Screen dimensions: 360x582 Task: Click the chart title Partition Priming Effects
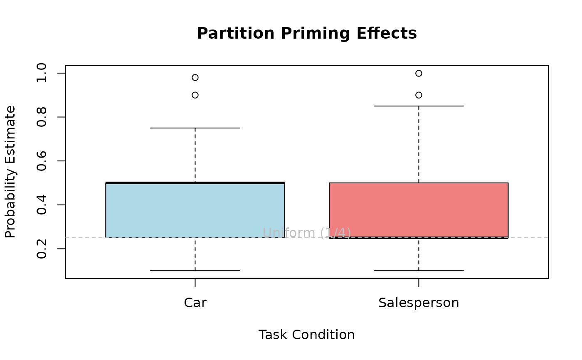pyautogui.click(x=307, y=33)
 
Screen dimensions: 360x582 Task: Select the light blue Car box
pyautogui.click(x=195, y=210)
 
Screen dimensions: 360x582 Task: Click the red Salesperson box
pyautogui.click(x=419, y=210)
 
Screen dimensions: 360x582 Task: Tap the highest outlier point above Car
pyautogui.click(x=195, y=77)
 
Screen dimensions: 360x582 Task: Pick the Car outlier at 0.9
pyautogui.click(x=195, y=95)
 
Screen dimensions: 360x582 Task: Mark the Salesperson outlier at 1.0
pyautogui.click(x=419, y=73)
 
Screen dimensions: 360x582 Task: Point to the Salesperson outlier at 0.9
pyautogui.click(x=419, y=95)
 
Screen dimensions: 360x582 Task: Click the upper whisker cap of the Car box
pyautogui.click(x=195, y=128)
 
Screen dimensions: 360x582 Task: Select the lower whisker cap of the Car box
pyautogui.click(x=195, y=271)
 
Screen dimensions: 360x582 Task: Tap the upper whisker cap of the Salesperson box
pyautogui.click(x=419, y=106)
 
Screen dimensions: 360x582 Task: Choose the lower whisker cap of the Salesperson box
pyautogui.click(x=419, y=271)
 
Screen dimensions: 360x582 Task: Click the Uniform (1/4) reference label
pyautogui.click(x=307, y=233)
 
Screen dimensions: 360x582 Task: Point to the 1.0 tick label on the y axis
pyautogui.click(x=42, y=73)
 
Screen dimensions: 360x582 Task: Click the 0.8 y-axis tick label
pyautogui.click(x=42, y=117)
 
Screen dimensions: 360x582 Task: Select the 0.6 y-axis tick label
pyautogui.click(x=42, y=161)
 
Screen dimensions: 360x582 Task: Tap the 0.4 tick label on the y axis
pyautogui.click(x=42, y=205)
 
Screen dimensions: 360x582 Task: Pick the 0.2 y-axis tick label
pyautogui.click(x=42, y=249)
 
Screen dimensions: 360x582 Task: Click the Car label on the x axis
pyautogui.click(x=195, y=303)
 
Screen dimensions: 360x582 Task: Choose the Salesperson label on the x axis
pyautogui.click(x=419, y=303)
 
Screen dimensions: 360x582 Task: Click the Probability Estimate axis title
pyautogui.click(x=10, y=172)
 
